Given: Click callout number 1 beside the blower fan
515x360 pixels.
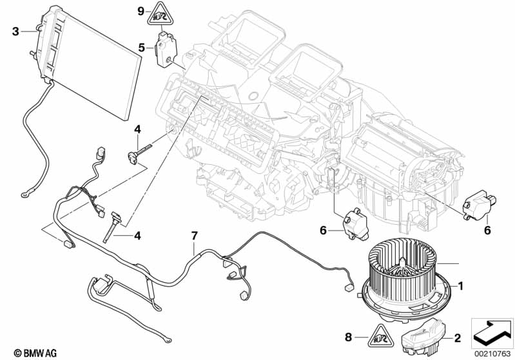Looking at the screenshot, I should point(460,284).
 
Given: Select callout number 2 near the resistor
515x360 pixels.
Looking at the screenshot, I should point(457,337).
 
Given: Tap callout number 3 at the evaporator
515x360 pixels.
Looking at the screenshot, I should point(15,30).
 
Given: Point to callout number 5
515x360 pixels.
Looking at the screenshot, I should point(141,46).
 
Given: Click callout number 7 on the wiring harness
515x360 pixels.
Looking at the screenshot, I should point(193,236).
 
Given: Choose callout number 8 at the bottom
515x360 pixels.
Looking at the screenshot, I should point(349,336).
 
